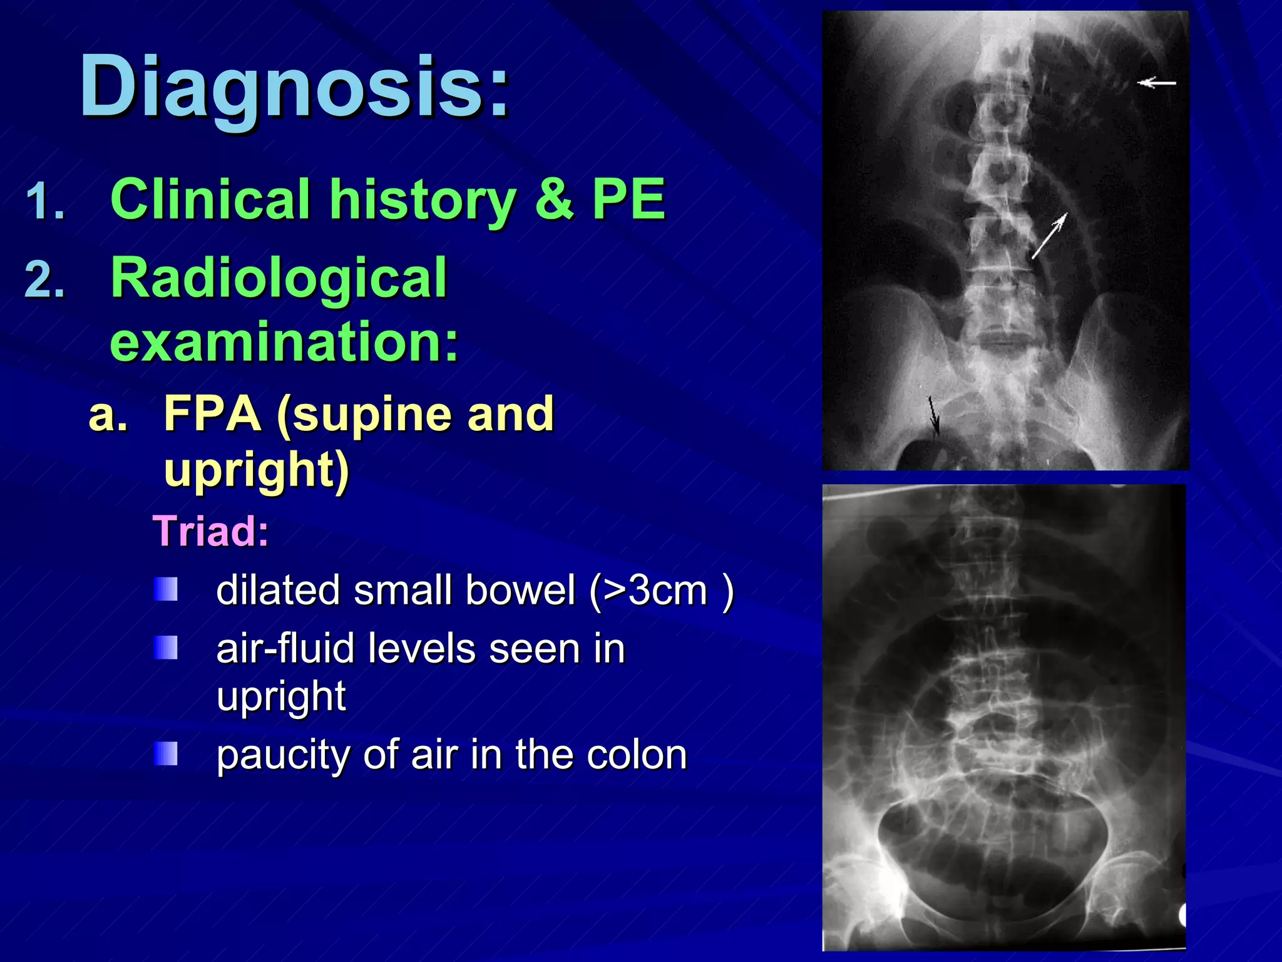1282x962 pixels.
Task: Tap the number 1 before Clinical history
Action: pos(45,202)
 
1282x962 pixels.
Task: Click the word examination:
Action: pos(285,341)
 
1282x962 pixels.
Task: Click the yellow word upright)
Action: pos(256,470)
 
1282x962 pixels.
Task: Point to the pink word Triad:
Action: pos(211,531)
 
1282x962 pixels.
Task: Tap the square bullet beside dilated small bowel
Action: pos(166,589)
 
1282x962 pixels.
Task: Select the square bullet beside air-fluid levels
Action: pos(166,648)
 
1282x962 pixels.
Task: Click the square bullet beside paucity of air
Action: pos(166,753)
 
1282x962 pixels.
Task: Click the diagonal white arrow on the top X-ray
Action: pos(1049,235)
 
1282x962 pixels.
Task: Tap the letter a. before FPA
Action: pos(108,415)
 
